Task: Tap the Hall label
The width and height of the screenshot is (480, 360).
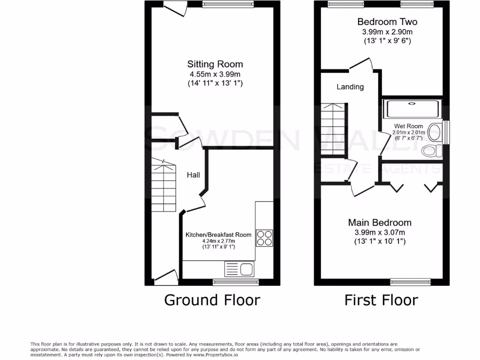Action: [194, 175]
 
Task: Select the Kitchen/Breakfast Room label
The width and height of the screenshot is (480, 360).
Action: [218, 234]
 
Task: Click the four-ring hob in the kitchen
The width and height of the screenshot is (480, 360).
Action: [264, 238]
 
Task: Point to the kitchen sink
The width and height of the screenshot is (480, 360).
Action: [246, 269]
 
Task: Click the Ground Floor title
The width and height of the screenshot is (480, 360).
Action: [212, 300]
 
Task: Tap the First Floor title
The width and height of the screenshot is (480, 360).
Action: [381, 300]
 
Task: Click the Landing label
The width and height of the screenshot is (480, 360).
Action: [350, 87]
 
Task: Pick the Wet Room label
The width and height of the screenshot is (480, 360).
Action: [408, 126]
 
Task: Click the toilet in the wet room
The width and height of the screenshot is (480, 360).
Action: [432, 150]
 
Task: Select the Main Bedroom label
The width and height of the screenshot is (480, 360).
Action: [380, 223]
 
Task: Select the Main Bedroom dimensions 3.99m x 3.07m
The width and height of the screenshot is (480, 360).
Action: [380, 232]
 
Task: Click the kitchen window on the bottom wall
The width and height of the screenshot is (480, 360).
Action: [236, 282]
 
